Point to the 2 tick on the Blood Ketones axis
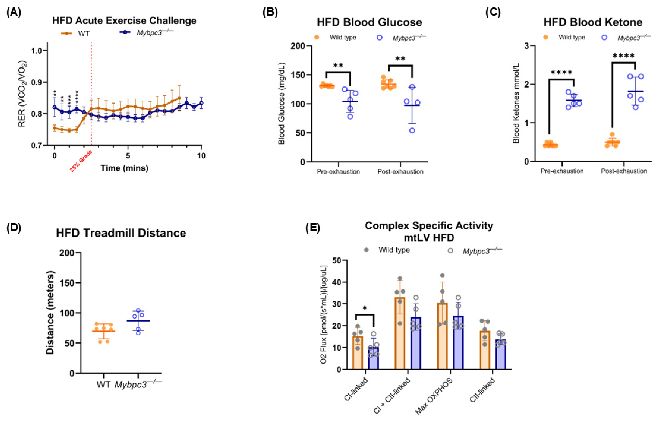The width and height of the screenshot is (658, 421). pyautogui.click(x=526, y=84)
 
